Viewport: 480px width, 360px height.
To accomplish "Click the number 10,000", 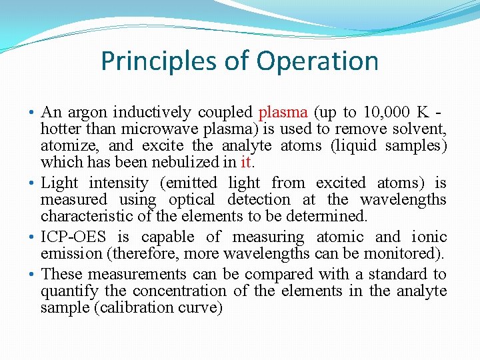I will click(385, 112).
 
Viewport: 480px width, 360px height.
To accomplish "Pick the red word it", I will click(246, 162).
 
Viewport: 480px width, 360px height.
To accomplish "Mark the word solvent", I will click(422, 129).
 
